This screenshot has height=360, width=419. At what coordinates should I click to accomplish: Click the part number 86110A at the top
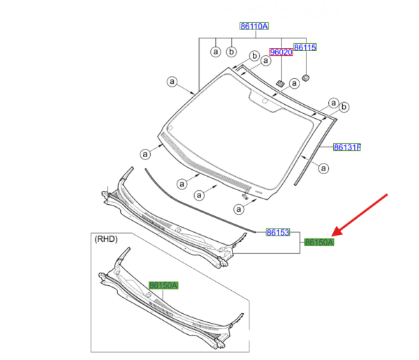pyautogui.click(x=254, y=26)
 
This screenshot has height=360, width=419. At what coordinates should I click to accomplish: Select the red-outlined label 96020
pyautogui.click(x=281, y=52)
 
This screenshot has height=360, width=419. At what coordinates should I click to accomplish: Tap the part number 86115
pyautogui.click(x=305, y=48)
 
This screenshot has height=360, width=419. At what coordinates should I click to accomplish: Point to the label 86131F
pyautogui.click(x=347, y=147)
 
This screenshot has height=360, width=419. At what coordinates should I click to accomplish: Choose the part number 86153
pyautogui.click(x=278, y=232)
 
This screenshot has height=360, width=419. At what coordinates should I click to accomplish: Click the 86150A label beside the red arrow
pyautogui.click(x=319, y=243)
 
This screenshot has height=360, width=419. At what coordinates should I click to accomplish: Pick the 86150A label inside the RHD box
pyautogui.click(x=163, y=285)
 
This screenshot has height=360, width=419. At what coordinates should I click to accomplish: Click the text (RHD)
pyautogui.click(x=106, y=239)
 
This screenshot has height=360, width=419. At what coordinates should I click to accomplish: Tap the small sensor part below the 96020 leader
pyautogui.click(x=280, y=84)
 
